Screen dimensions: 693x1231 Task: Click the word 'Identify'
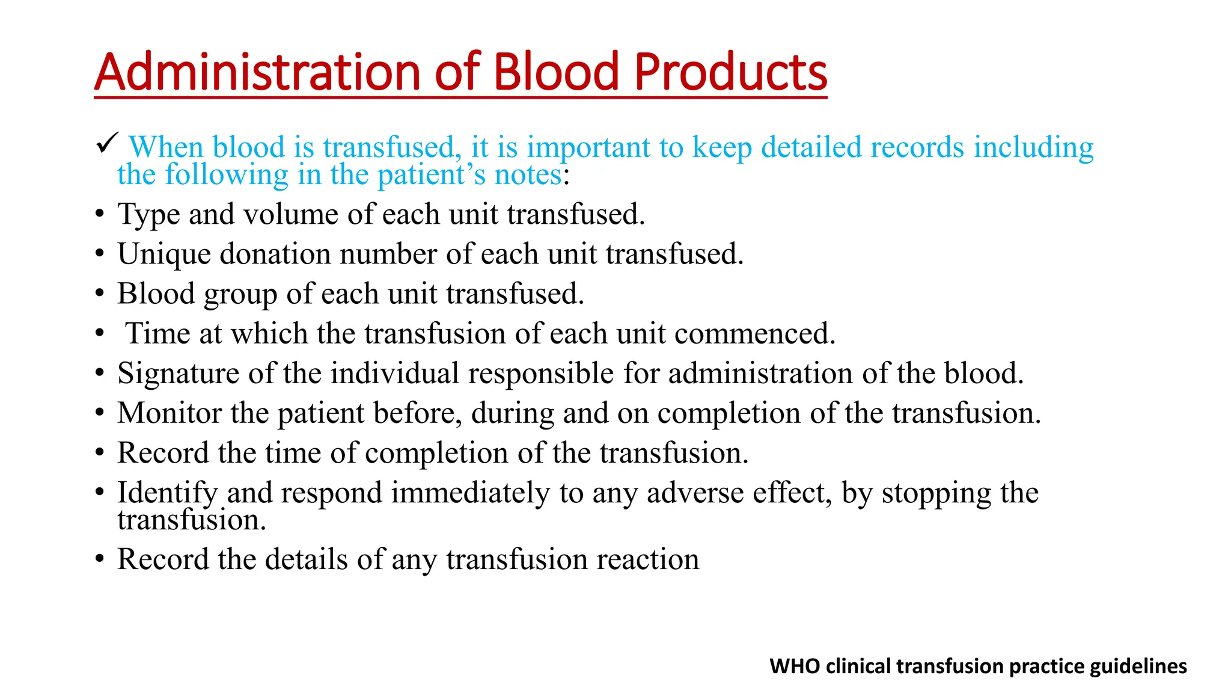point(167,493)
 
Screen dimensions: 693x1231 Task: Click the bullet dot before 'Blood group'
point(100,294)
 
